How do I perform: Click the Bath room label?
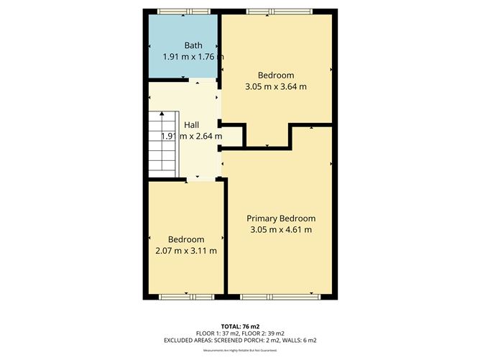(193, 45)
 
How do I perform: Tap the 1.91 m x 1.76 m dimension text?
(193, 57)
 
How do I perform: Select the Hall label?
(192, 125)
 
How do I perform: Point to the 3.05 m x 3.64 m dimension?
(276, 86)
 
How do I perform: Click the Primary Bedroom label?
(281, 218)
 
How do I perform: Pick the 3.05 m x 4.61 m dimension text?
(281, 230)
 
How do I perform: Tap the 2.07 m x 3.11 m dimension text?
(186, 251)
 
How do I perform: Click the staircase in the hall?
(164, 144)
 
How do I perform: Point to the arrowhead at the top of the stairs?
(162, 114)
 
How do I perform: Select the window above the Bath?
(184, 11)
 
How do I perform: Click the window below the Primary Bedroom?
(280, 297)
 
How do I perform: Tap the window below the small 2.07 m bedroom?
(187, 297)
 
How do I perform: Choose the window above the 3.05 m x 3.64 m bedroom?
(280, 11)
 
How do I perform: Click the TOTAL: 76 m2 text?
(240, 327)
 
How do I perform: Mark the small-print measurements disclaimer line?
(240, 350)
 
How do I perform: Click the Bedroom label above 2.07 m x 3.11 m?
(186, 239)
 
